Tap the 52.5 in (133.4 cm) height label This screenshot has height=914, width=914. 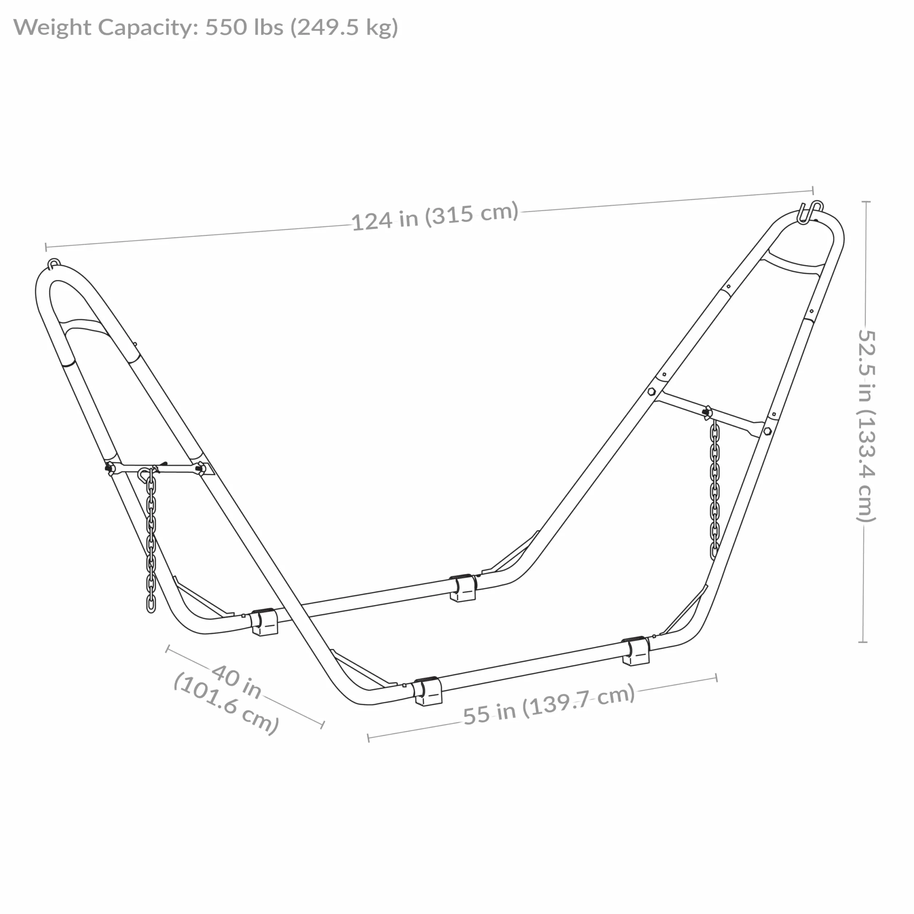pyautogui.click(x=866, y=426)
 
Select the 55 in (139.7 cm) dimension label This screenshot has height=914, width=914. pyautogui.click(x=549, y=705)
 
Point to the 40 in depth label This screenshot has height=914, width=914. pyautogui.click(x=236, y=682)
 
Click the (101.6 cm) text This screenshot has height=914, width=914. pyautogui.click(x=226, y=704)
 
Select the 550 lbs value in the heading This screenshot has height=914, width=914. pyautogui.click(x=244, y=27)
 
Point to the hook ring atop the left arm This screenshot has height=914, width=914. pyautogui.click(x=54, y=263)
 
